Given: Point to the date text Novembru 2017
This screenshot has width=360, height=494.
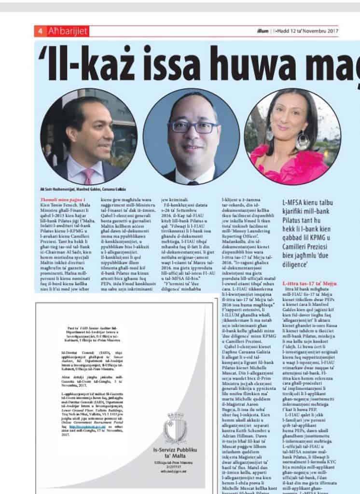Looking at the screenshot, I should [318, 31].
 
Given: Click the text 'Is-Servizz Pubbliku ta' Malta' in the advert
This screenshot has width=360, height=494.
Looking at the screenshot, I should [171, 455].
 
